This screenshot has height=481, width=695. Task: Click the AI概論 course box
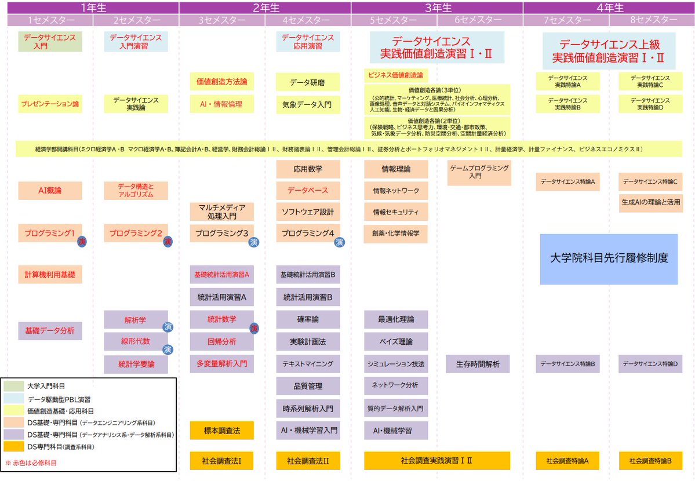coord(50,191)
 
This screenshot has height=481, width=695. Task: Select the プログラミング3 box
coord(221,234)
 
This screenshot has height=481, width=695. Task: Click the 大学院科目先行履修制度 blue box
coord(609,258)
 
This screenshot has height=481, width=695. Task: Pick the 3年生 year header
coord(437,8)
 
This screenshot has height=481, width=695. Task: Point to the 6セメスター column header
coord(480,20)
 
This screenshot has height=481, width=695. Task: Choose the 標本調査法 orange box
coord(221,431)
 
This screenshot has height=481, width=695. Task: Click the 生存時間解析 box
coord(478,364)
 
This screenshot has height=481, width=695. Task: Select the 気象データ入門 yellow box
coord(307,104)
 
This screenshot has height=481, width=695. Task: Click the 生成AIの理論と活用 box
coord(650,203)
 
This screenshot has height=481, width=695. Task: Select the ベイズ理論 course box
coord(396,341)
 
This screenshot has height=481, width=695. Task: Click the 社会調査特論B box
coord(650,461)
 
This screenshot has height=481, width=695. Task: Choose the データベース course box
coord(307,191)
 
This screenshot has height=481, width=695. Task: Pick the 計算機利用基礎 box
coord(50,274)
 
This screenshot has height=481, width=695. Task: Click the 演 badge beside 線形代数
coord(168,349)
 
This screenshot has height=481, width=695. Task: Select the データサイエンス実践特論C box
coord(650,82)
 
